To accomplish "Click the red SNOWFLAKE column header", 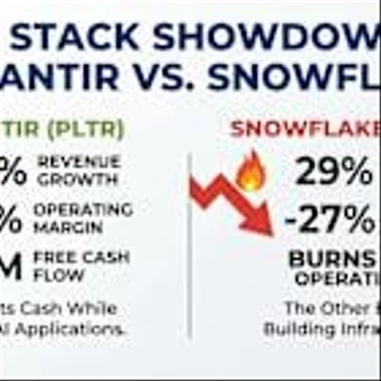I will coord(305,129).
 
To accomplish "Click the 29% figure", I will coord(333,172).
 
